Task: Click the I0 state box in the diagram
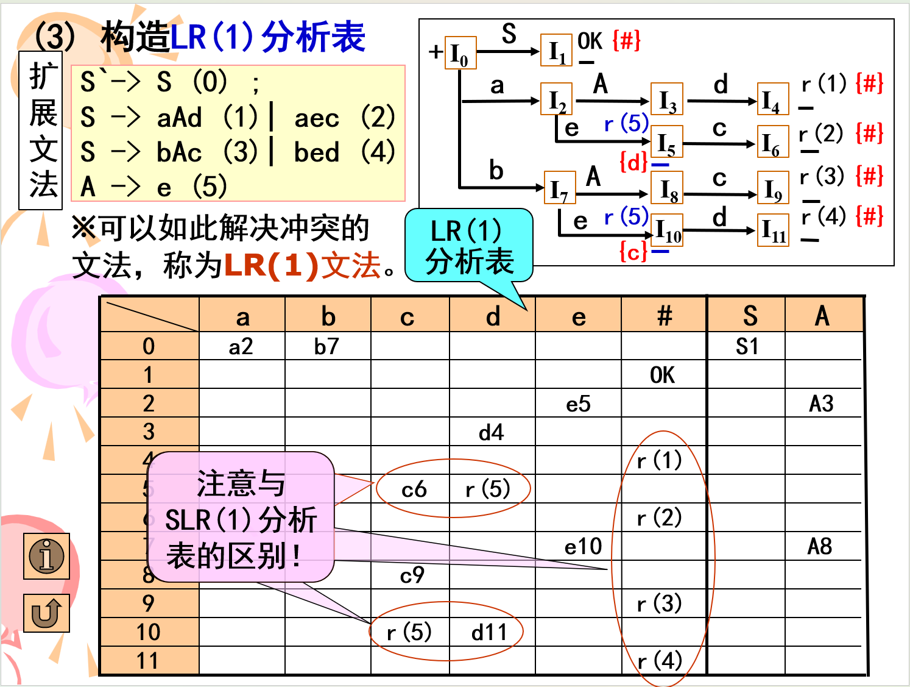coord(460,53)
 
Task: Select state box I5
coord(667,142)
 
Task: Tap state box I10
coord(667,230)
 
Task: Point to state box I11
coord(773,230)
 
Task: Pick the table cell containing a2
coord(241,346)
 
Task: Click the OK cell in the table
coord(663,375)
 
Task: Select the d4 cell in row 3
coord(492,432)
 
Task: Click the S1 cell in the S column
coord(747,346)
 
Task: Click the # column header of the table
coord(664,316)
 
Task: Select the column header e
coord(579,316)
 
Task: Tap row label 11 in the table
coord(148,661)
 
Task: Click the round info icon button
coord(47,556)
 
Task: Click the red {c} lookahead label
coord(633,251)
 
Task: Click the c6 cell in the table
coord(414,489)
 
